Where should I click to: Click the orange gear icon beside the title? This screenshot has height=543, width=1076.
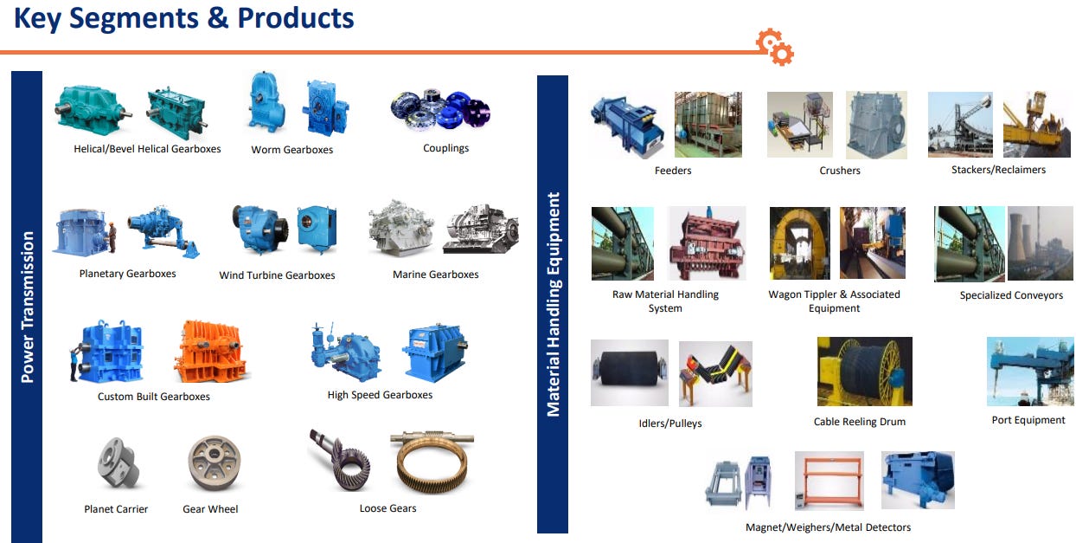click(774, 47)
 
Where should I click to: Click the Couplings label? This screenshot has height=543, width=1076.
click(445, 148)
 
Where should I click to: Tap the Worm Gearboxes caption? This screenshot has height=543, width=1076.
click(291, 150)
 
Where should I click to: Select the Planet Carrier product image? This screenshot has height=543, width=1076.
click(116, 463)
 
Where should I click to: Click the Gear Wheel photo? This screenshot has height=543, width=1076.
click(214, 463)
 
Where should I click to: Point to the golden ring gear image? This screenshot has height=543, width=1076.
click(432, 463)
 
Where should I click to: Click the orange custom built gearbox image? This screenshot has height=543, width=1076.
click(211, 352)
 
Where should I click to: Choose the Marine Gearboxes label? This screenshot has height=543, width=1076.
click(435, 275)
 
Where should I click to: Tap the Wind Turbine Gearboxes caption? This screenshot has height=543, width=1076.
click(277, 275)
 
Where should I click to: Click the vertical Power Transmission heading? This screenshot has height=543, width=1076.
click(27, 307)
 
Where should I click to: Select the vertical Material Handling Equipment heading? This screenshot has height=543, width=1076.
click(553, 304)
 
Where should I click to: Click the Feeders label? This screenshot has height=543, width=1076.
click(673, 171)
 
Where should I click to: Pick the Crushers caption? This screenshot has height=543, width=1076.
click(840, 171)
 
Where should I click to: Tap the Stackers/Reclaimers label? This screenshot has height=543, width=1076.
click(998, 170)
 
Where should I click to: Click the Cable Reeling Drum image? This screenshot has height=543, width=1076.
click(864, 372)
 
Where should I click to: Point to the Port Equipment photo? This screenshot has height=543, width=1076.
click(1030, 372)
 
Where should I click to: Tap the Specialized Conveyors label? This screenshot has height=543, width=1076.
click(1011, 295)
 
